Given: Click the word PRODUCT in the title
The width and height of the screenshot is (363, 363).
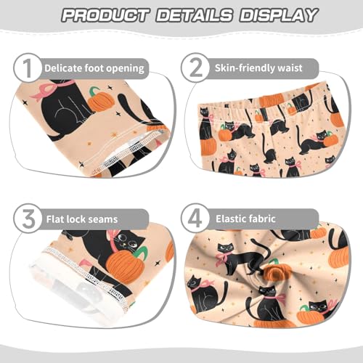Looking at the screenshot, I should coord(108,15).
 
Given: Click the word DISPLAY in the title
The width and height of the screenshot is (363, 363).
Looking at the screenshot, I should coord(278,15).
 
